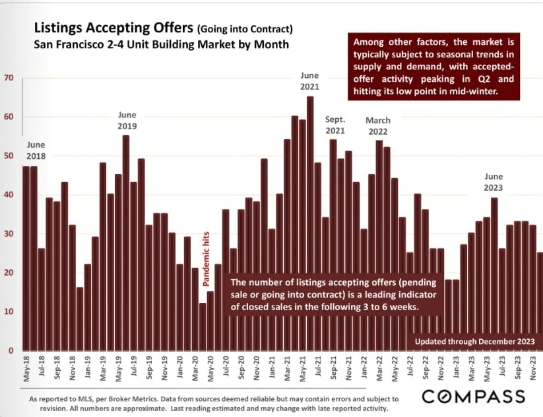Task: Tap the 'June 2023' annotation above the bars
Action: [494, 182]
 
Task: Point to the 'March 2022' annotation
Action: [378, 126]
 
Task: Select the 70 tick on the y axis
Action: [9, 78]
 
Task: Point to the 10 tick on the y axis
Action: [9, 311]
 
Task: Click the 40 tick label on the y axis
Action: [9, 195]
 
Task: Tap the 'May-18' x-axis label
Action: [26, 369]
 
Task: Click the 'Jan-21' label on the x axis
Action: [272, 369]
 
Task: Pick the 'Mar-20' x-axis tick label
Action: [195, 369]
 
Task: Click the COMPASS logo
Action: [473, 397]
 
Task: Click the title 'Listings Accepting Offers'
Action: [110, 30]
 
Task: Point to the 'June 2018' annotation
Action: [36, 150]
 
